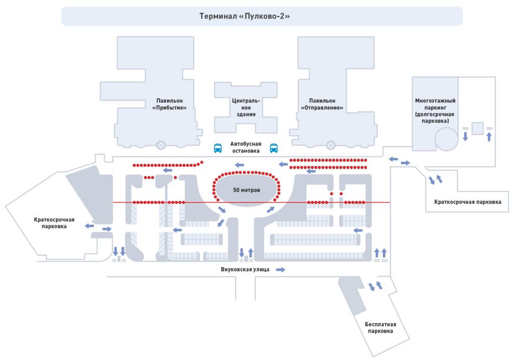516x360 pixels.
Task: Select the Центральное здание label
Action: [246, 107]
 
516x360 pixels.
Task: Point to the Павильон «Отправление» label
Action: [322, 104]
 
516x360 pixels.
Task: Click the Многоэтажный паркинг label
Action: [435, 111]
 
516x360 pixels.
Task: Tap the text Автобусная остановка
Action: [245, 147]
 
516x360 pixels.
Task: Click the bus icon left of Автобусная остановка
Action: [218, 148]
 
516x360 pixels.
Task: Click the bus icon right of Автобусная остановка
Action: [274, 148]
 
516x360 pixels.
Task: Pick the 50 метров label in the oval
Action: [246, 190]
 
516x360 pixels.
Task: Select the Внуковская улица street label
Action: [245, 269]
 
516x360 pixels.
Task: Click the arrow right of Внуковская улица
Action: [281, 270]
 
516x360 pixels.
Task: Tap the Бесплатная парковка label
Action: [380, 327]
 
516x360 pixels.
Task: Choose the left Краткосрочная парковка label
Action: [54, 223]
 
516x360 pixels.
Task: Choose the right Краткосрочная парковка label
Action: [468, 202]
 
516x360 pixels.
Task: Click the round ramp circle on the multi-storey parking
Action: [446, 139]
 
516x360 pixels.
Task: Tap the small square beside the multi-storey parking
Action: [477, 128]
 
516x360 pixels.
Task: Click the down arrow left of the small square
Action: [465, 136]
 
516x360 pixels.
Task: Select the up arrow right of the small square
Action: [489, 136]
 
